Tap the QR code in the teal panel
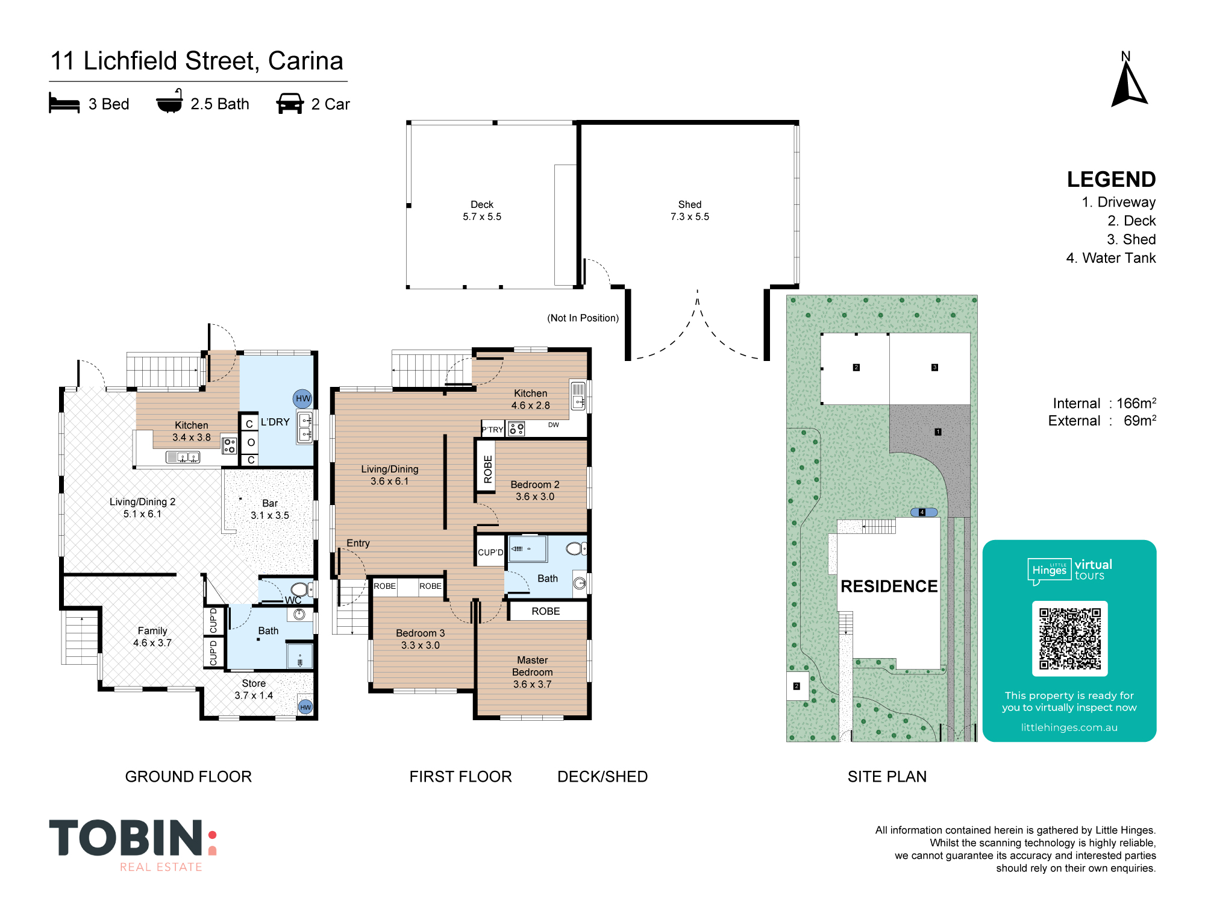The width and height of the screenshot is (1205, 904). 1069,639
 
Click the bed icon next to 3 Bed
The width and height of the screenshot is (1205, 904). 64,103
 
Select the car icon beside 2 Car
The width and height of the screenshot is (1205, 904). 290,103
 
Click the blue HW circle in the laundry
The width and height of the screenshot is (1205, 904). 302,398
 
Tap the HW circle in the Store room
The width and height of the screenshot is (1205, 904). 305,707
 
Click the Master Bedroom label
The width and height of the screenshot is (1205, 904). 533,666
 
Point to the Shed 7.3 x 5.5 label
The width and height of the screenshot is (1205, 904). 690,210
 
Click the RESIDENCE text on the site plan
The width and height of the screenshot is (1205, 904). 889,586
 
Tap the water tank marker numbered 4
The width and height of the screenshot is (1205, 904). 923,512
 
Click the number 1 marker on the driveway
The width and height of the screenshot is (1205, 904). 937,432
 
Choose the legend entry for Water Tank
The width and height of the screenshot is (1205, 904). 1110,258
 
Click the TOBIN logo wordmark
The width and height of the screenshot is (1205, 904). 126,838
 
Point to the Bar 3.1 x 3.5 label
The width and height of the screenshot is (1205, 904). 270,509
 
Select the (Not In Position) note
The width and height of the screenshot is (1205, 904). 583,318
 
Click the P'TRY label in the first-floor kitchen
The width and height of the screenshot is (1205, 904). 492,430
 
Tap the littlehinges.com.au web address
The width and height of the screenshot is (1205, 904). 1069,727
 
